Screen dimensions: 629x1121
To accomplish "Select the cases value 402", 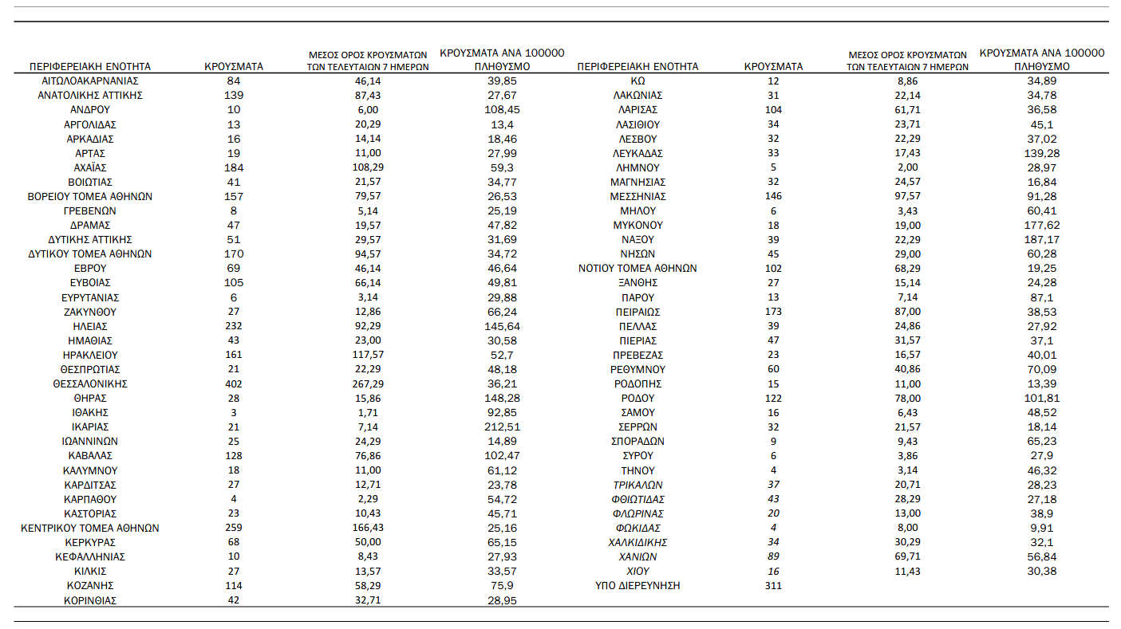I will [234, 383].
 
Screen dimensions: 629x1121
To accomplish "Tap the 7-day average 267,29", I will [368, 383].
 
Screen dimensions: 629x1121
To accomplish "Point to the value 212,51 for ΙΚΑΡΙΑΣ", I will [502, 427].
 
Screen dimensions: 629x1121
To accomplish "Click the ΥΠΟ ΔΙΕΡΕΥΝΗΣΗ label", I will [637, 585].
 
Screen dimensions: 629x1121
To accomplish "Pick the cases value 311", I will [773, 585].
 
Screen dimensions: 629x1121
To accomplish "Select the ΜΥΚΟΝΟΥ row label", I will [637, 225].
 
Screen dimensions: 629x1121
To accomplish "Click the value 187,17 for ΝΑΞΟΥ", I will [1041, 239].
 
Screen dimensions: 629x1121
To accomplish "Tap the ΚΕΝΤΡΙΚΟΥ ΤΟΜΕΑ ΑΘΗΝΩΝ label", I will [90, 528].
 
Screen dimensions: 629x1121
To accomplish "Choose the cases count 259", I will [234, 528].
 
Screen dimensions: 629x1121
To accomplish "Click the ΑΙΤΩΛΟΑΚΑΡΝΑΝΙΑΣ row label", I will [90, 81].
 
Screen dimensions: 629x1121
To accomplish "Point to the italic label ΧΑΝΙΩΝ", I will [637, 556].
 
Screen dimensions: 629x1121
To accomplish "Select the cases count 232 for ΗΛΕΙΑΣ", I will [234, 326].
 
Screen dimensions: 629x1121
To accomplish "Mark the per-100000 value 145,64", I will [502, 326].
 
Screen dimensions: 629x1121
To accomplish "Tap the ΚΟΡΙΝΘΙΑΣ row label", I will [90, 600].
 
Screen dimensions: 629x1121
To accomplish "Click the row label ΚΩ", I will [637, 81].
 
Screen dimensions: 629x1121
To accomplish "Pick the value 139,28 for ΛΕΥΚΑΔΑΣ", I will [1041, 153].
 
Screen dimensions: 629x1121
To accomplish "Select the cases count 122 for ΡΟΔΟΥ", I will [773, 398].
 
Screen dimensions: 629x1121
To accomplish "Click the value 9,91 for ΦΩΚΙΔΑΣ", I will [1041, 528].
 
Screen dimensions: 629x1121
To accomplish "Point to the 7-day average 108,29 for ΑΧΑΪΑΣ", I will [368, 167].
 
